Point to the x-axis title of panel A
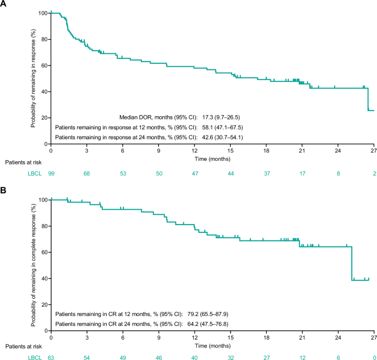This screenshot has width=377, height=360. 212,158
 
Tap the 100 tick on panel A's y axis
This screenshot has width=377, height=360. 43,13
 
